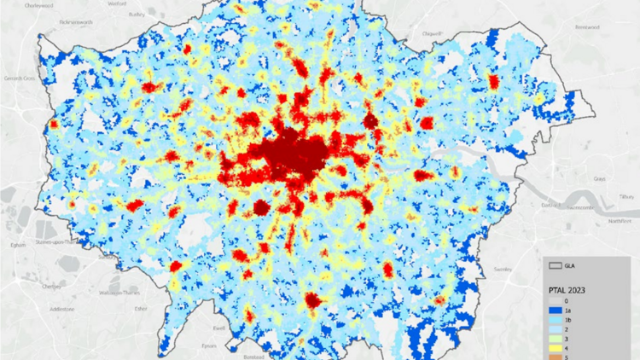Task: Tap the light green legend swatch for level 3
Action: [x=556, y=339]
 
